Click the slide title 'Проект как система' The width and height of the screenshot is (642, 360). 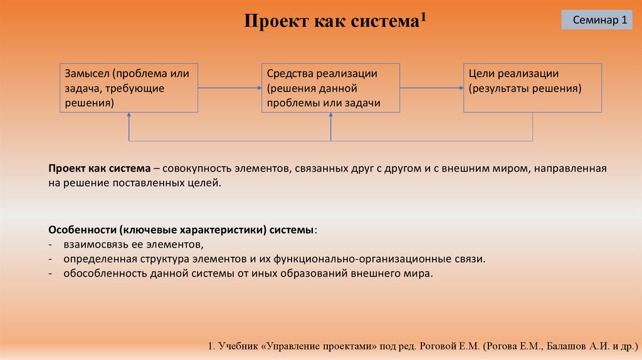(330, 22)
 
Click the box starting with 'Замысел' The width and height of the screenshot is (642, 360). (129, 88)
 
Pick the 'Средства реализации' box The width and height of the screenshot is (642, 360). (330, 88)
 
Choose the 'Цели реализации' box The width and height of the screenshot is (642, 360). (532, 88)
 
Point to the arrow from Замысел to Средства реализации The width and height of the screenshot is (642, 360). (229, 88)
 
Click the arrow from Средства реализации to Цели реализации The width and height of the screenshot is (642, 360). (431, 88)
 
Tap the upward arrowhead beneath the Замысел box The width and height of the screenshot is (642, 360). (129, 116)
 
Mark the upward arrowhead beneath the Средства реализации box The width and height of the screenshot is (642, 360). (330, 116)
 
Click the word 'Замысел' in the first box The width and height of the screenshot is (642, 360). (85, 73)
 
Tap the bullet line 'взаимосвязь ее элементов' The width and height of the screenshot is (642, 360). (132, 244)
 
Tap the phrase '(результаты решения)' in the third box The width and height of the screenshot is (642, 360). (525, 88)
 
